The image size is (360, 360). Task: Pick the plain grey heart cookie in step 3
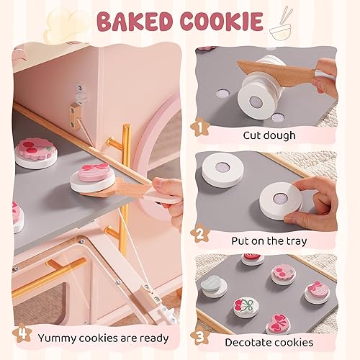tap(215, 286)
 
